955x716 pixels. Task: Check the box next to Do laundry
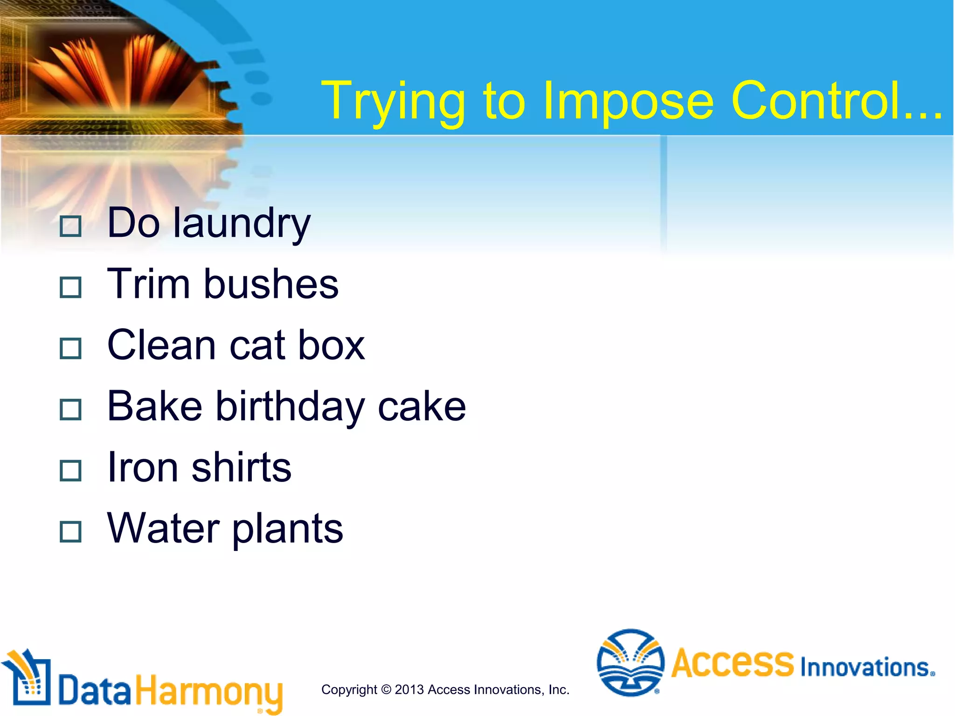click(x=71, y=227)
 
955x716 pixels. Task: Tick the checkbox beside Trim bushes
click(x=71, y=288)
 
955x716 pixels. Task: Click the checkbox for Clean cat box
click(x=71, y=349)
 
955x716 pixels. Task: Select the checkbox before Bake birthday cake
click(x=71, y=410)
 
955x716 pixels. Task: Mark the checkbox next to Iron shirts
click(x=71, y=471)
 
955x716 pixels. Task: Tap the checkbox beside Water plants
click(x=71, y=532)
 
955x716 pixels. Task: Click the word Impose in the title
click(x=628, y=101)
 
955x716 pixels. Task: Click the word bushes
click(x=271, y=284)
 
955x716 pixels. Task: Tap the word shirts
click(x=241, y=468)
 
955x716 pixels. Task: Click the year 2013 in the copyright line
click(x=410, y=689)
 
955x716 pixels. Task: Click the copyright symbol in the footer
click(x=386, y=689)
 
